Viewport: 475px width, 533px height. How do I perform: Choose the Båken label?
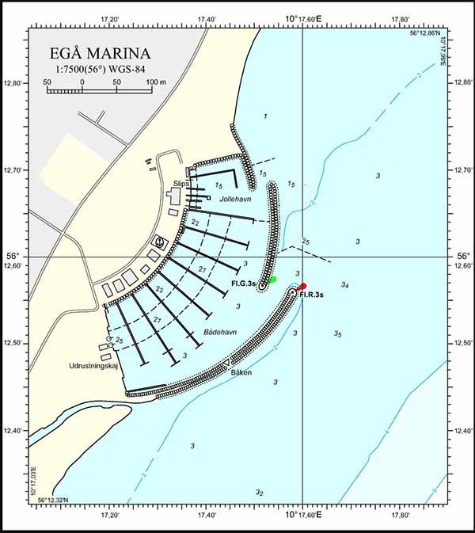pos(242,372)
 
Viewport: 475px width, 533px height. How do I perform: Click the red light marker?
pos(302,287)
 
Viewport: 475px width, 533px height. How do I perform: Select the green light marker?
pos(272,280)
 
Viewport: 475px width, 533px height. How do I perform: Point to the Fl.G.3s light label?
pos(243,284)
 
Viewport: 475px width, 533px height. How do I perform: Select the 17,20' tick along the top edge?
pos(110,19)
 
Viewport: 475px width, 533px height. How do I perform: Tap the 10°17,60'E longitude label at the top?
pos(303,18)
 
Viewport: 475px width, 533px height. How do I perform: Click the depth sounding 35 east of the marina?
pos(338,334)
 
